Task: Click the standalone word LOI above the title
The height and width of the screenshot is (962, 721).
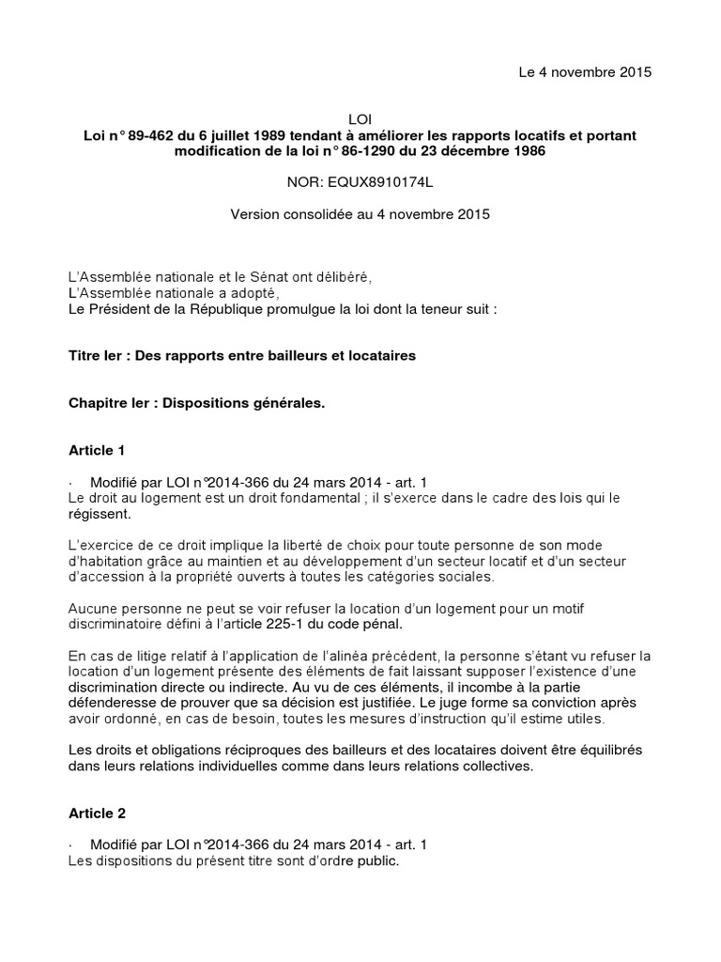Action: coord(360,120)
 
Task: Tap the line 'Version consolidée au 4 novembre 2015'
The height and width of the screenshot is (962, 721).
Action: coord(360,214)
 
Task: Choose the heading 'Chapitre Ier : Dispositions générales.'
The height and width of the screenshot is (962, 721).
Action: coord(197,403)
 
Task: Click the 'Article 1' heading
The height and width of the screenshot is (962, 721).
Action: coord(97,450)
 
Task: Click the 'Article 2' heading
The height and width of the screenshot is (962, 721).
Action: coord(97,813)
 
